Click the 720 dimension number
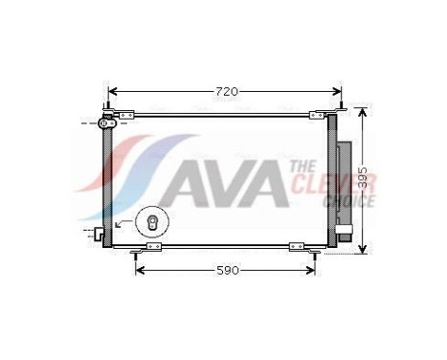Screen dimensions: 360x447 point(226,91)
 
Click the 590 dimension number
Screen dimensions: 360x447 point(226,271)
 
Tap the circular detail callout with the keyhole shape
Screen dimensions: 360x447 point(150,222)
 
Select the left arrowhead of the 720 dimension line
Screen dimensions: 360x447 point(111,92)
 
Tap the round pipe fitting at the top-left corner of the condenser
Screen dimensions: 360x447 point(110,123)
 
